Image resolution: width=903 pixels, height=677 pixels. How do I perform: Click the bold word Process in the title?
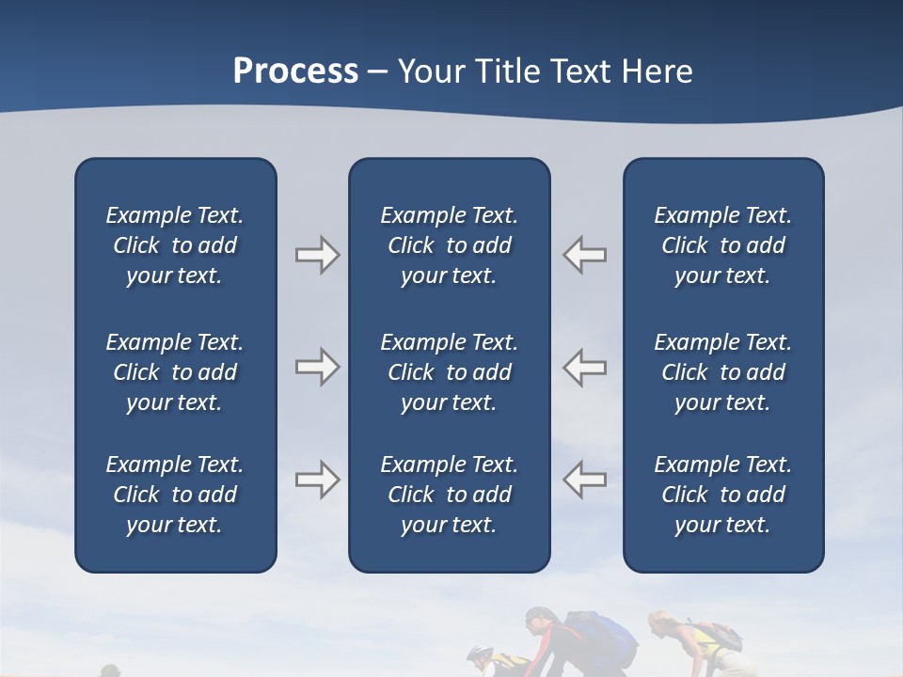pyautogui.click(x=295, y=71)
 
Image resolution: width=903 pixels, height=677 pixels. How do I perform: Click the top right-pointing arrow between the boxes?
pyautogui.click(x=317, y=255)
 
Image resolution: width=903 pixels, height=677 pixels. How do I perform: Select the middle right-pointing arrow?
pyautogui.click(x=317, y=367)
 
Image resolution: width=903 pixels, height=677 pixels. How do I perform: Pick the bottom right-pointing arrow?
pyautogui.click(x=317, y=480)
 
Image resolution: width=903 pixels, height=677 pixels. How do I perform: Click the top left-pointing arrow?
pyautogui.click(x=585, y=255)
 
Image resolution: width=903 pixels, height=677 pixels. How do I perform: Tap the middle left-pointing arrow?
pyautogui.click(x=585, y=367)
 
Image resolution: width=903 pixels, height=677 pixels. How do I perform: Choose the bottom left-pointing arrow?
pyautogui.click(x=585, y=480)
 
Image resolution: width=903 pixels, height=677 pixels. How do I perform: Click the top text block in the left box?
pyautogui.click(x=175, y=245)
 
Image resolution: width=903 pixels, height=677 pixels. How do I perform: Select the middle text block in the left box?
pyautogui.click(x=175, y=372)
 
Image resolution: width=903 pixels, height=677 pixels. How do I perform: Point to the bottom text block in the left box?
pyautogui.click(x=175, y=495)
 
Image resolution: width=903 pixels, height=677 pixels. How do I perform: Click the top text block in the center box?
pyautogui.click(x=449, y=245)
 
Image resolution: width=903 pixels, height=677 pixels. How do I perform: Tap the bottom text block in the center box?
pyautogui.click(x=449, y=495)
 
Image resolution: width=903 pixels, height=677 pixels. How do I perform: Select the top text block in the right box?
pyautogui.click(x=722, y=245)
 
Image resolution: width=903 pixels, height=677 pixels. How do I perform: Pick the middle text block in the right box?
pyautogui.click(x=722, y=372)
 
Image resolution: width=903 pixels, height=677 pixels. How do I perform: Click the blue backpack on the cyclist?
pyautogui.click(x=607, y=636)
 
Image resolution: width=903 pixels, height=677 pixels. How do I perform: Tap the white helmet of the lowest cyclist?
pyautogui.click(x=480, y=654)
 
